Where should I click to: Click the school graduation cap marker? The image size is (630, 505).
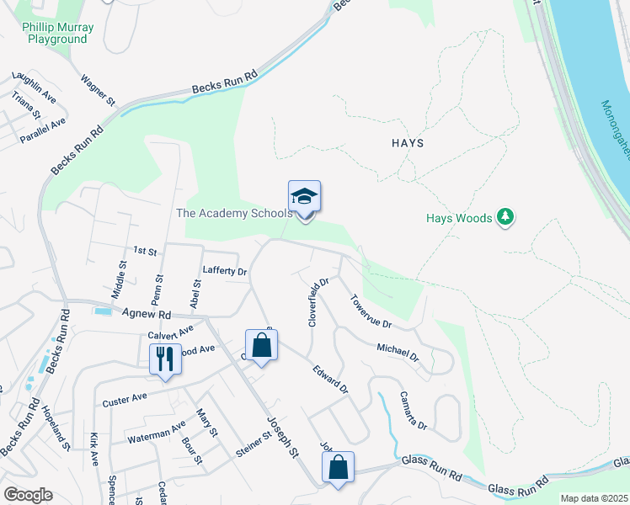click(x=304, y=198)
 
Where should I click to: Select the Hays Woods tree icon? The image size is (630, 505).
click(x=505, y=217)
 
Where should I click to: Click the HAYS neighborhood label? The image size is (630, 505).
click(x=408, y=143)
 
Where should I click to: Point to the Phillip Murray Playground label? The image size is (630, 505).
click(x=57, y=33)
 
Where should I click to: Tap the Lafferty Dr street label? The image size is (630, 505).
click(x=225, y=271)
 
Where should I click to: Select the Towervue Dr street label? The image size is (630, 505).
click(x=371, y=311)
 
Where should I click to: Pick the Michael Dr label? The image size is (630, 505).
click(x=398, y=353)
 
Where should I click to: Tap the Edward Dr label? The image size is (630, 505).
click(x=330, y=378)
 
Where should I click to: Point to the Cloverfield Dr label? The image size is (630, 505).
click(x=318, y=300)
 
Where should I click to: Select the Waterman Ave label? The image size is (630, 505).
click(x=156, y=433)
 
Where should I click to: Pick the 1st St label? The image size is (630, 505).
click(x=146, y=251)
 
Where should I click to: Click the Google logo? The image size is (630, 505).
click(x=28, y=495)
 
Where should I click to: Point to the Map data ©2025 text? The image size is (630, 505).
click(x=594, y=498)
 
